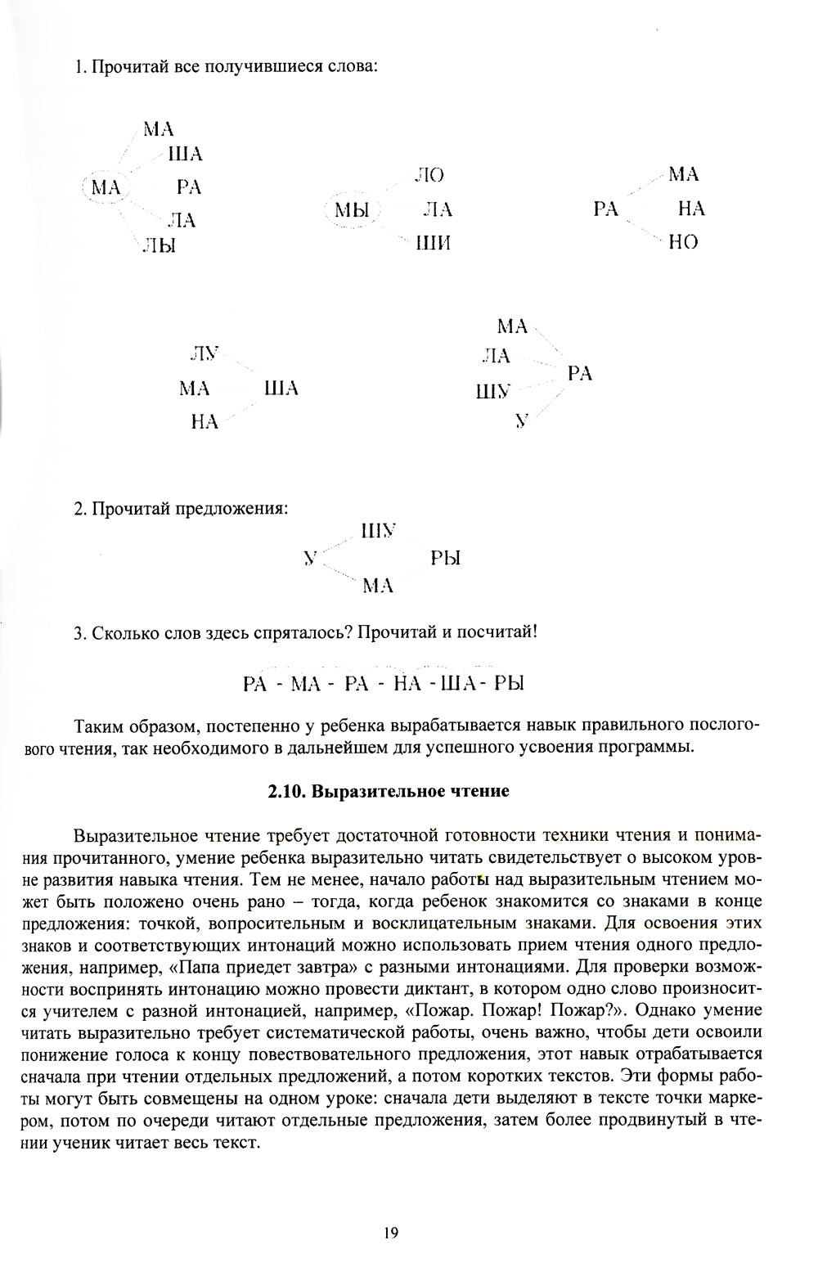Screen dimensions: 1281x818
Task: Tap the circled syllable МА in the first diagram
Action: (106, 187)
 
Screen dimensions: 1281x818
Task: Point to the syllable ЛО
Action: (429, 174)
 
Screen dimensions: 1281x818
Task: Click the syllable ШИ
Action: (434, 244)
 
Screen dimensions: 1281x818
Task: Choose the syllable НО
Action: (683, 242)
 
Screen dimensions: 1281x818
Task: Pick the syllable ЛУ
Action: (204, 353)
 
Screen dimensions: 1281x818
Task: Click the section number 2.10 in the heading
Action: (289, 792)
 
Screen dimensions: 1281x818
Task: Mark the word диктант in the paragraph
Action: (447, 988)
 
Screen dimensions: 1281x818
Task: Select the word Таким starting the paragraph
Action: (97, 726)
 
